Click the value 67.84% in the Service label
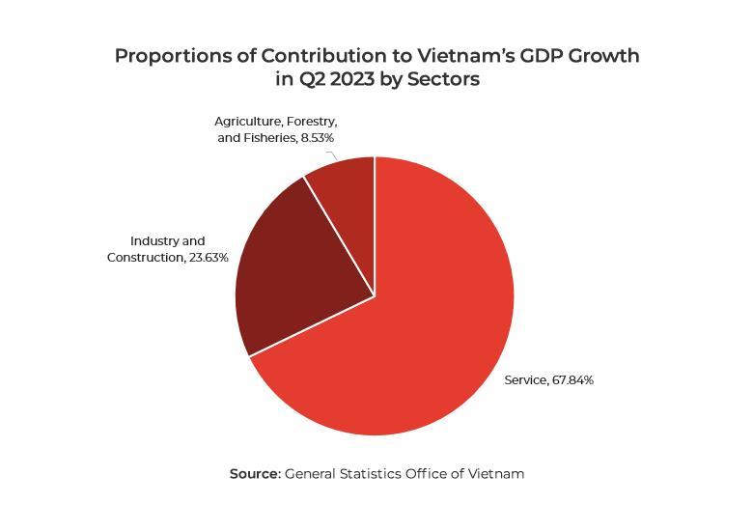pyautogui.click(x=572, y=380)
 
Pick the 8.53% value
pyautogui.click(x=315, y=138)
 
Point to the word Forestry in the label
pyautogui.click(x=309, y=121)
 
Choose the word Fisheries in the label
pyautogui.click(x=267, y=138)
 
